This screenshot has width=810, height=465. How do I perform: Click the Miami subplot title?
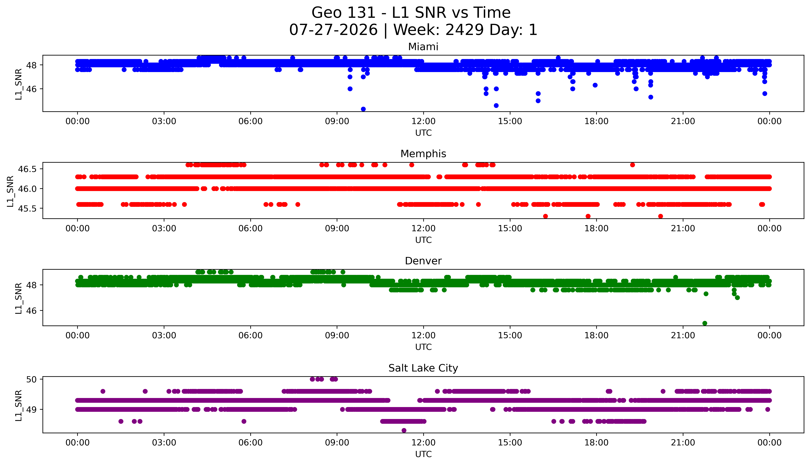coord(423,47)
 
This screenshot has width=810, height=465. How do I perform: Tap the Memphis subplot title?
coord(423,154)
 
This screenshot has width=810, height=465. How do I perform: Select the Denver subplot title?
coord(423,261)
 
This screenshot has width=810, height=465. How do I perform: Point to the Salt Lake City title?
coord(423,368)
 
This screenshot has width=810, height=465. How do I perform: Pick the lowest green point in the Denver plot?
coord(705,323)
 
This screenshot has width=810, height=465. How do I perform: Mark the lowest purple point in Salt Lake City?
coord(404,431)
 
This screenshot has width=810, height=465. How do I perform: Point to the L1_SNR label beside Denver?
coord(19,298)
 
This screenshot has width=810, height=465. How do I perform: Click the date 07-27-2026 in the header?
coord(333,30)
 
